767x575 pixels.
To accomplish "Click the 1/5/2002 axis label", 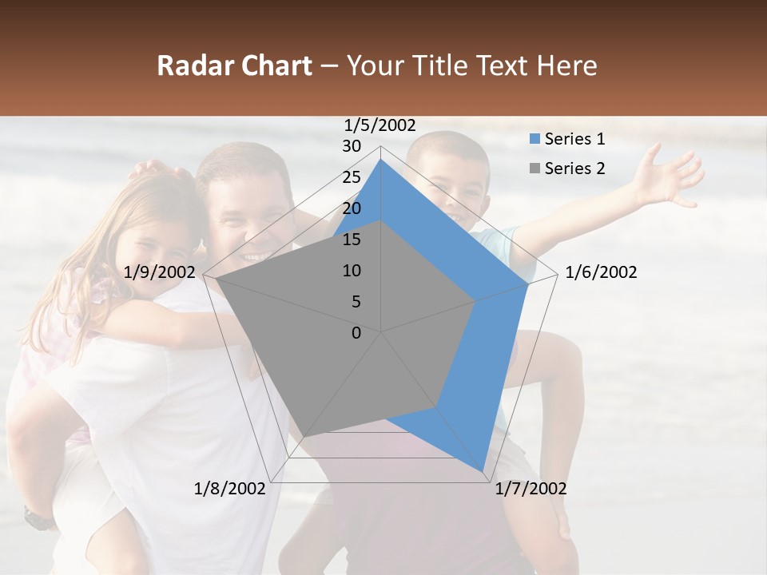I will click(380, 125).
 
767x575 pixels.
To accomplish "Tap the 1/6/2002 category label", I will click(601, 272).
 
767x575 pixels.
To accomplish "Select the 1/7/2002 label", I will click(531, 489).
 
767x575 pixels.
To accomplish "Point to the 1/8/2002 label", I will click(230, 489).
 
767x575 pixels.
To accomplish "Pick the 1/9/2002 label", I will click(160, 272).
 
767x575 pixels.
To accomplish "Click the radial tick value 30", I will click(352, 146).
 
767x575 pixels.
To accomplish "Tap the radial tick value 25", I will click(352, 177).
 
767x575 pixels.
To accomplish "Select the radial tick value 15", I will click(352, 240).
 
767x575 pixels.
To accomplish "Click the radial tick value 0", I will click(356, 333).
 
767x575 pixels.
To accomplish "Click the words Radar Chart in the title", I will click(234, 65).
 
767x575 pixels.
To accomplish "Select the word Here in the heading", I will click(566, 65).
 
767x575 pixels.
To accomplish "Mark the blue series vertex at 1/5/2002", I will click(380, 159).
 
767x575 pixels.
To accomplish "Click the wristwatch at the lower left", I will click(38, 519).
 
